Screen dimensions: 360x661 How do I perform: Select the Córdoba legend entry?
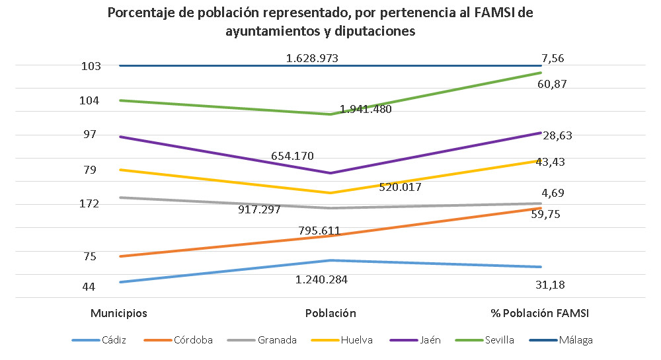coord(193,341)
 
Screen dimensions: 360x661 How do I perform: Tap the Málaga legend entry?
coord(575,341)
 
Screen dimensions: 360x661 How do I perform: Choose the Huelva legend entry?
coord(356,341)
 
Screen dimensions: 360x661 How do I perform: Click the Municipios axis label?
coord(119,313)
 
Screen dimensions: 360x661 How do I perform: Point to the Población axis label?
coord(330,313)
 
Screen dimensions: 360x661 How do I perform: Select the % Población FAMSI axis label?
coord(539,313)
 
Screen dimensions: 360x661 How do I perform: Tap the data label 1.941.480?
coord(366,110)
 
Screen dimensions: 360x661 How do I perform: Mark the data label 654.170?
coord(292,157)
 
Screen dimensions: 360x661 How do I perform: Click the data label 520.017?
coord(401,187)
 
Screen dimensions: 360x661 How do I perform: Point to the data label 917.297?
coord(259,210)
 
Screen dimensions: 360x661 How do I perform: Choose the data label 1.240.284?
coord(322,279)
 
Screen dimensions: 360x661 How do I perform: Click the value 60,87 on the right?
coord(553,85)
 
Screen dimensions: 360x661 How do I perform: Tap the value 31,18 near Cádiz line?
coord(549,285)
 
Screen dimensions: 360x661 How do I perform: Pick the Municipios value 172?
coord(89,203)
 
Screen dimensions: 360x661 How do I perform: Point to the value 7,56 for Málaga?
coord(553,59)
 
